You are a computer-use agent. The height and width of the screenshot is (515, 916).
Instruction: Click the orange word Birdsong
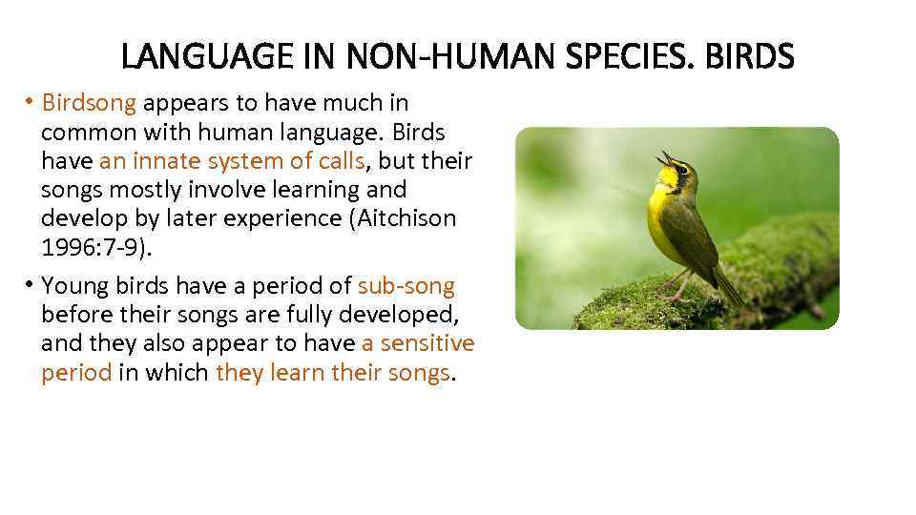click(90, 102)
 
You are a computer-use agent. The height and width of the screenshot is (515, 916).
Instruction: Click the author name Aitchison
click(406, 217)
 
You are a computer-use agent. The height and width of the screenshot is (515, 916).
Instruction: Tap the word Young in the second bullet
click(73, 285)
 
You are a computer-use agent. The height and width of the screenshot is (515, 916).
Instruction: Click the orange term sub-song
click(406, 285)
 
